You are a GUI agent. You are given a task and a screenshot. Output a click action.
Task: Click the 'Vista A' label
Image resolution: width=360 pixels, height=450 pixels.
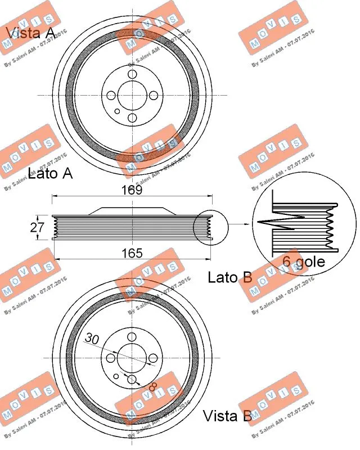[30, 33]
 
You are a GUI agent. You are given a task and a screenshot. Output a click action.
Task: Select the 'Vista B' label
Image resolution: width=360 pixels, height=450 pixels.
[227, 416]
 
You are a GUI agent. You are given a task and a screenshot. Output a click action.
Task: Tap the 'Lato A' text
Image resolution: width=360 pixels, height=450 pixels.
[50, 174]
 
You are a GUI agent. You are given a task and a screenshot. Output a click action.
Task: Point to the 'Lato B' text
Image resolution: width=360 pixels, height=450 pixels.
[229, 277]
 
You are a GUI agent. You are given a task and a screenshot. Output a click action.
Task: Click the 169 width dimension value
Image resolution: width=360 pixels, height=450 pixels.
[132, 190]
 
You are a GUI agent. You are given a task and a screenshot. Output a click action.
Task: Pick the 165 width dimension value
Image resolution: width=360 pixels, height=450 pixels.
[132, 254]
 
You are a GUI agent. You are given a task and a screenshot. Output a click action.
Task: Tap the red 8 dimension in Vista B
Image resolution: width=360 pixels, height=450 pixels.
[151, 388]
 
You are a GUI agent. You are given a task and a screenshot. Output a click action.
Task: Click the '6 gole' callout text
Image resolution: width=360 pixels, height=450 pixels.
[303, 262]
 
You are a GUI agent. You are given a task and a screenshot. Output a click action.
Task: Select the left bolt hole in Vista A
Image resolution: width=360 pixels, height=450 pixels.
[111, 96]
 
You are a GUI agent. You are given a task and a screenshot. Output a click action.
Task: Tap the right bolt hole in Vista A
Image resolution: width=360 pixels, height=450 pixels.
[153, 96]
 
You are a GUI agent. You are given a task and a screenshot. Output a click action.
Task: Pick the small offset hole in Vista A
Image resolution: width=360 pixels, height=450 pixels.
[117, 111]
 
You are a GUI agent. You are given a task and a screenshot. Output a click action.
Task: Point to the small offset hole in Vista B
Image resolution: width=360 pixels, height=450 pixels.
[116, 376]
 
